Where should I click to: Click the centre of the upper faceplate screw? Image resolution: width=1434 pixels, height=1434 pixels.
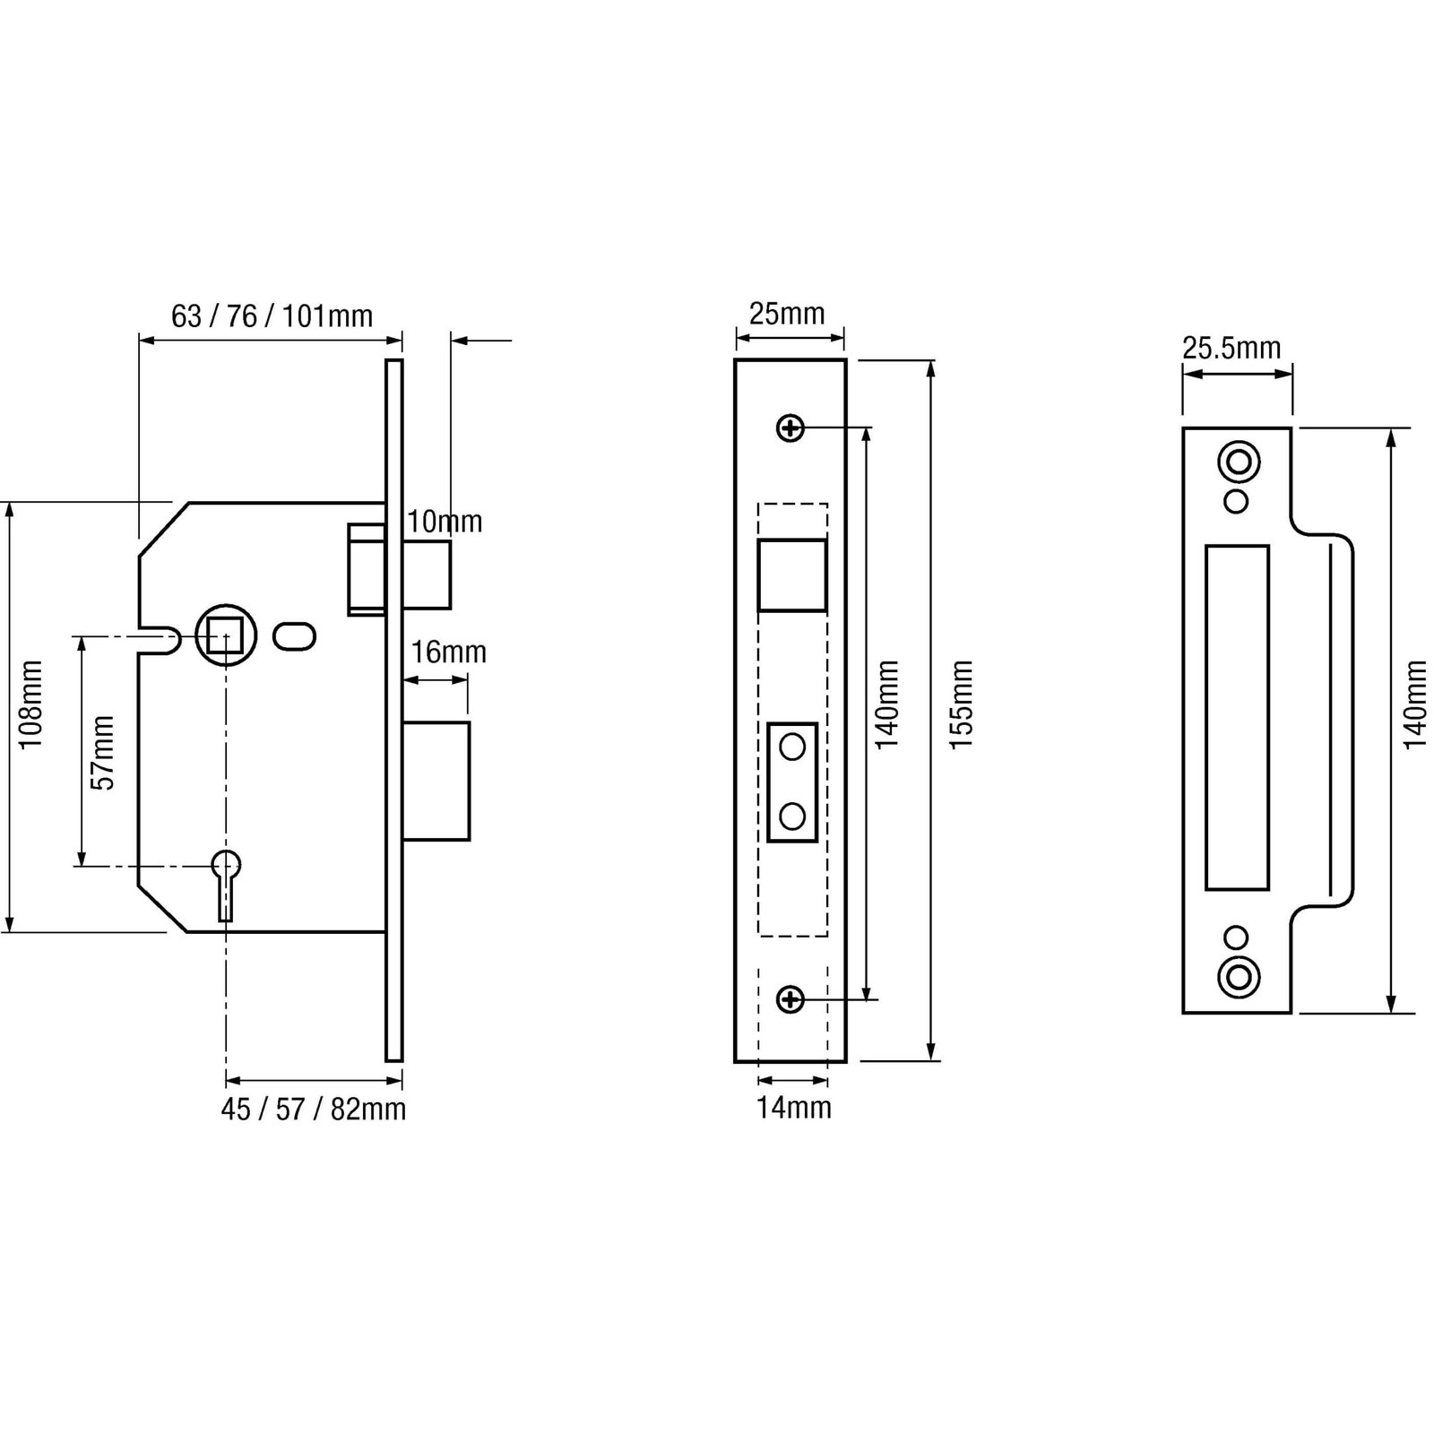point(790,429)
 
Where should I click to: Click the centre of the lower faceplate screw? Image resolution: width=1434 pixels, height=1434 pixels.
point(790,999)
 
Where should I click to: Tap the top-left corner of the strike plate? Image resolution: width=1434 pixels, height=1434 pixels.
point(1183,428)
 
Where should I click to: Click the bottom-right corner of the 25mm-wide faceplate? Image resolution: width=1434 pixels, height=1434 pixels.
point(845,1062)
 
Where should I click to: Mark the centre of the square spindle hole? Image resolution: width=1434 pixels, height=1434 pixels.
point(226,635)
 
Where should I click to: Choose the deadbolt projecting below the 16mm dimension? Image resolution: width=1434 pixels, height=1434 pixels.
point(436,781)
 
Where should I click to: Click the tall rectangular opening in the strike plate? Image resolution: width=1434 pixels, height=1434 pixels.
point(1237,717)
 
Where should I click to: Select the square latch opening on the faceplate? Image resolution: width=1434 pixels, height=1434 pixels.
point(791,574)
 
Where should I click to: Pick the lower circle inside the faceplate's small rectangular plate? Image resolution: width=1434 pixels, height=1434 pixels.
point(792,816)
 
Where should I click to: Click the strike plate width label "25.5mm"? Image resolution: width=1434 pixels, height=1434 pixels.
point(1231,348)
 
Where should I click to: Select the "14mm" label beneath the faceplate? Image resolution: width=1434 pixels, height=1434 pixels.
point(794,1108)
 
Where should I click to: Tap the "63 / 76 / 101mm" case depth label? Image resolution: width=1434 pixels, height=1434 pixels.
point(272,316)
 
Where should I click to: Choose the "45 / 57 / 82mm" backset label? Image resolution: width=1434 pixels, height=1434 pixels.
point(314,1110)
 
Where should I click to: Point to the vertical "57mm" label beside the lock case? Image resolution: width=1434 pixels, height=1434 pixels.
point(104,753)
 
